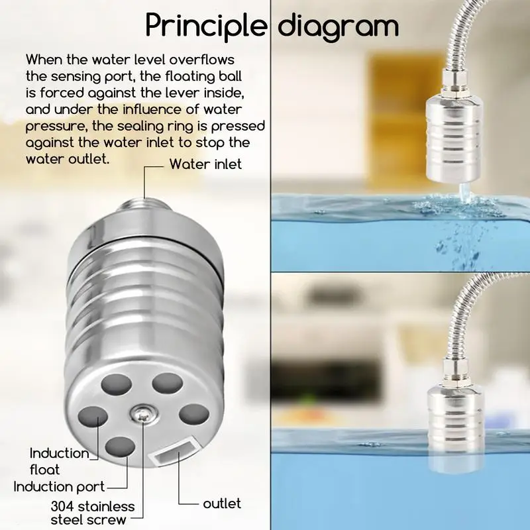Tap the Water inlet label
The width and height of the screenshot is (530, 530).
pos(205,163)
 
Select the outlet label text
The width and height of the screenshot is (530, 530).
pos(222,503)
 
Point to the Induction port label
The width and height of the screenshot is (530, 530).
pos(59,487)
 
